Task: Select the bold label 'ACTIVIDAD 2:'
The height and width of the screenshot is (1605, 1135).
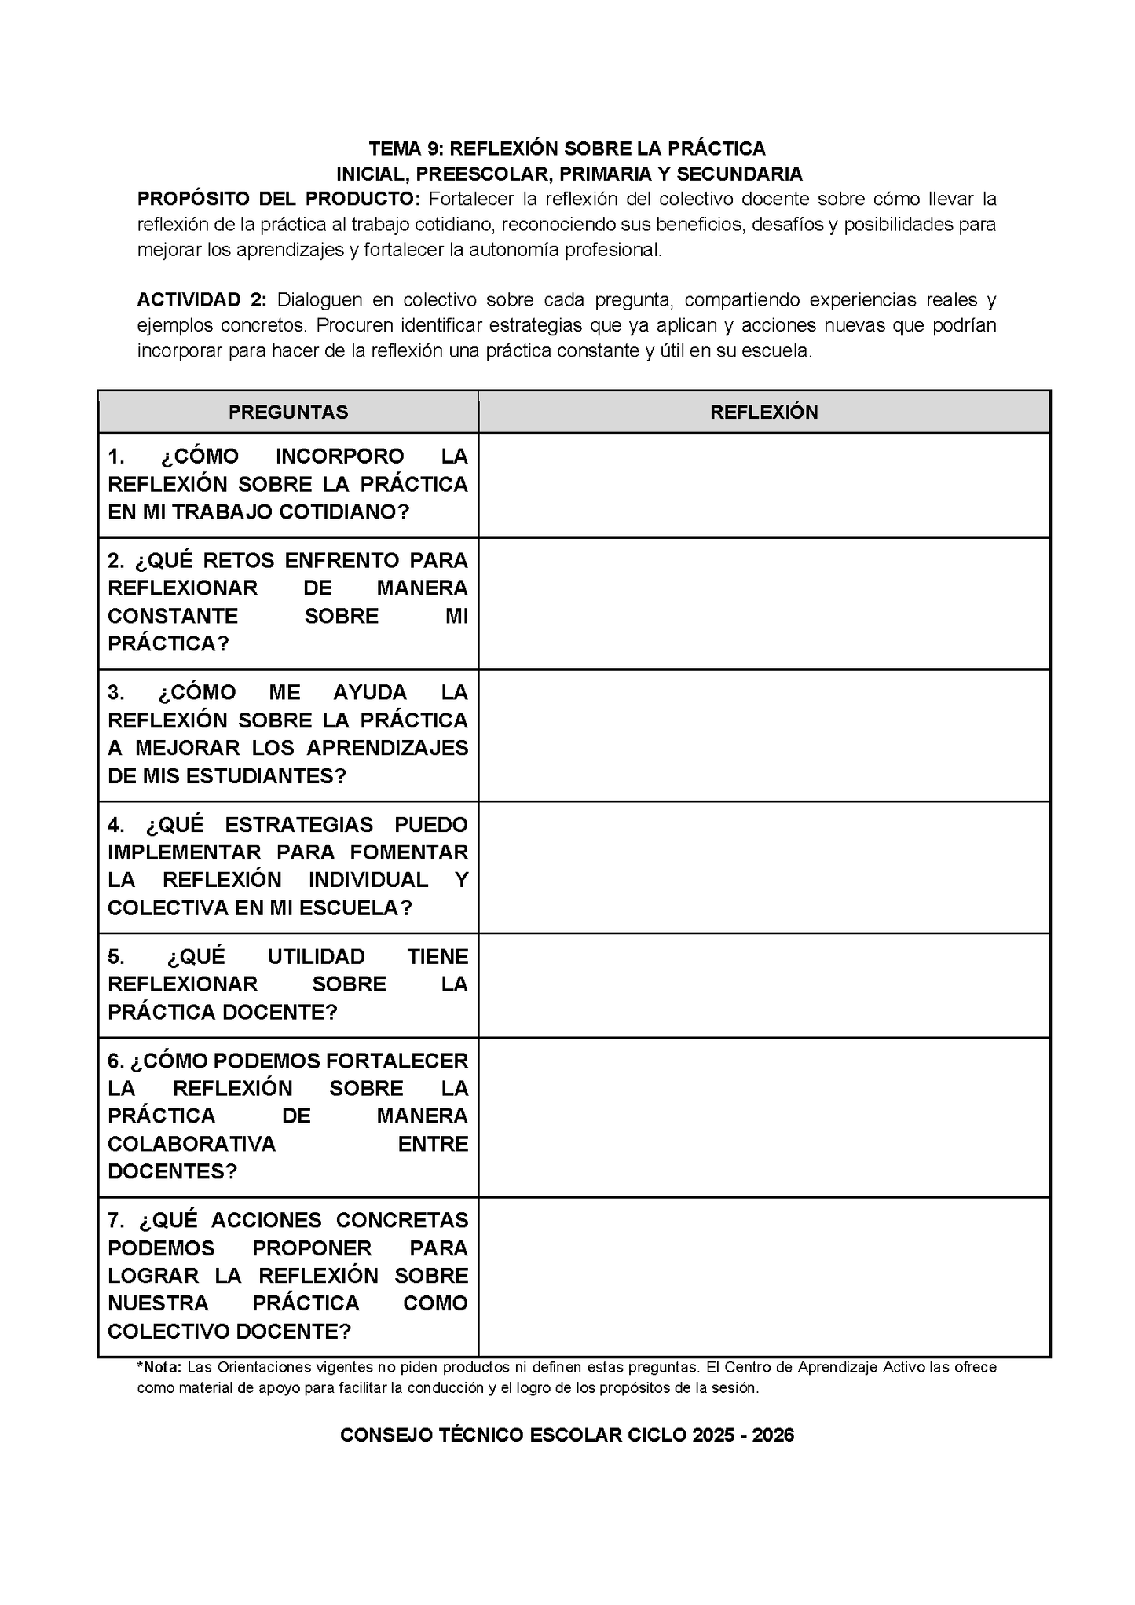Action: coord(202,299)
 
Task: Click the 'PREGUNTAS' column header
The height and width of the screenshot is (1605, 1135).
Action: coord(288,412)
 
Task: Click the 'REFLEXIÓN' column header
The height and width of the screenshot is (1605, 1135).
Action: coord(763,412)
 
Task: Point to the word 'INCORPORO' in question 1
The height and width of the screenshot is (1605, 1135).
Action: coord(340,456)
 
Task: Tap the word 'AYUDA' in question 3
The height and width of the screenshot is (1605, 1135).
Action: coord(370,692)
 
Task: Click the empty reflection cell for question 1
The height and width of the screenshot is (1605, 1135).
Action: coord(763,485)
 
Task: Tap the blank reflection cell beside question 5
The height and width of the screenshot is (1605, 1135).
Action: coord(763,985)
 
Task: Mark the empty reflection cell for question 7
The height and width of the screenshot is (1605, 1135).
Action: coord(763,1277)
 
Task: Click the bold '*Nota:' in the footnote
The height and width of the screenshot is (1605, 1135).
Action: coord(159,1367)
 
